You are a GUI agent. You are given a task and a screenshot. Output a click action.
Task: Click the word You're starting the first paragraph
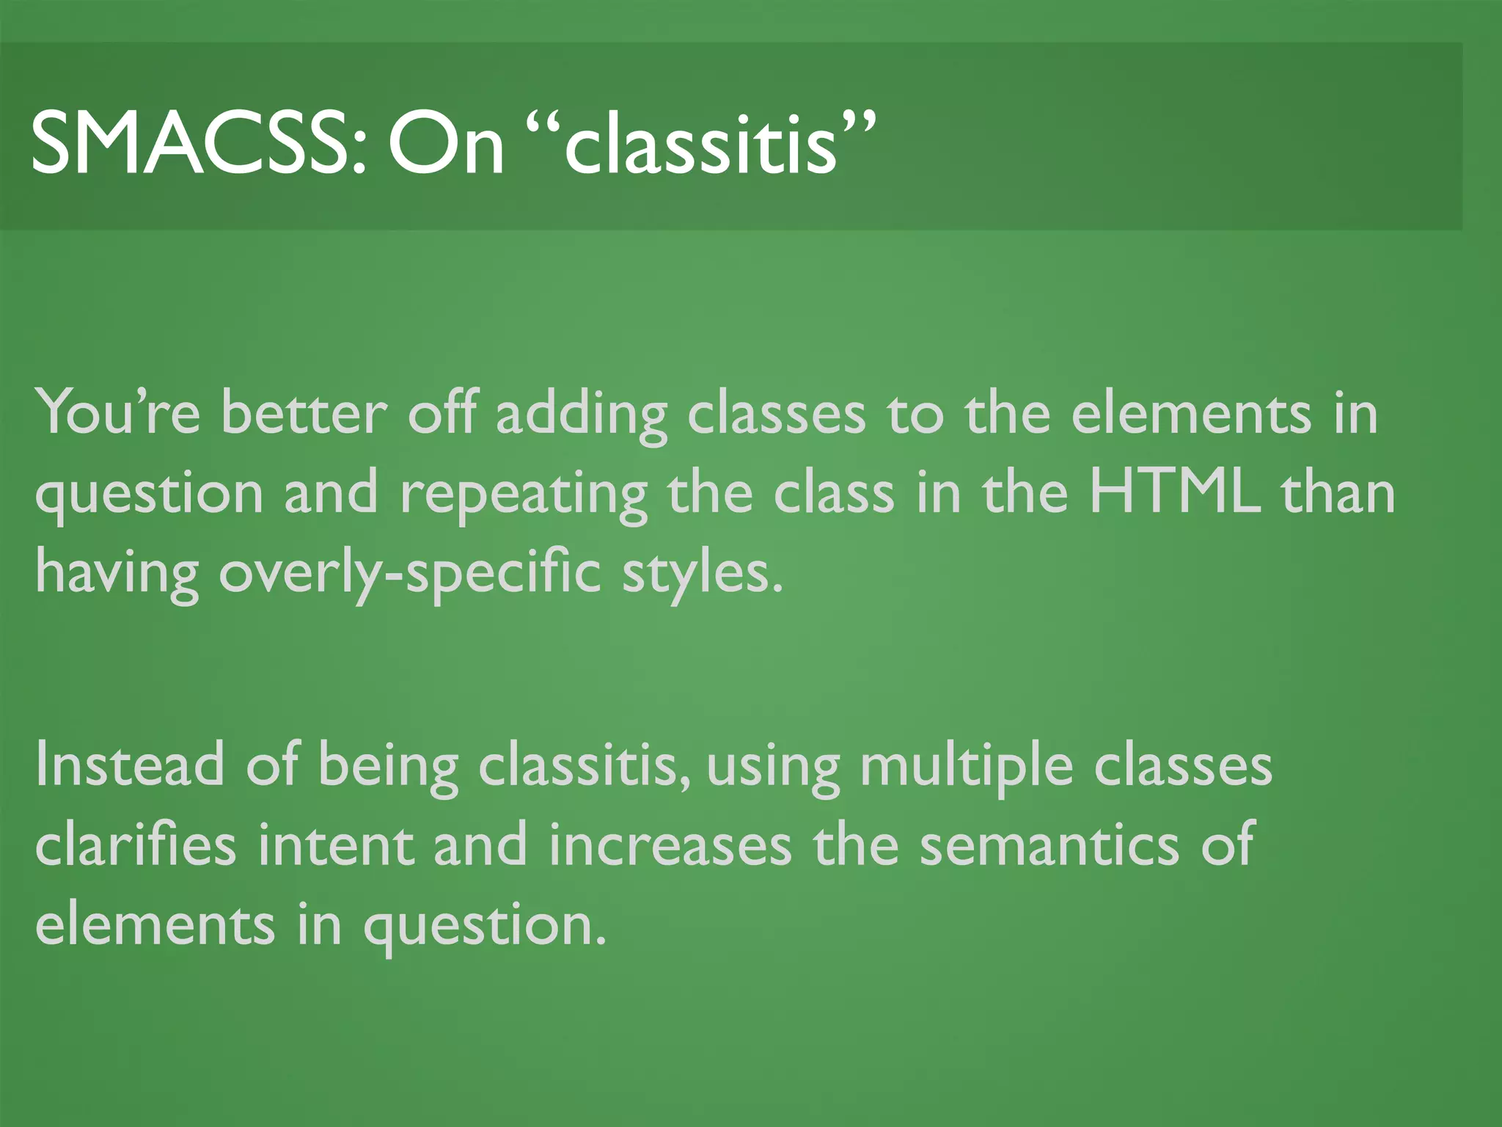[117, 412]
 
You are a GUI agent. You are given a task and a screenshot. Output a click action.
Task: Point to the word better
[303, 412]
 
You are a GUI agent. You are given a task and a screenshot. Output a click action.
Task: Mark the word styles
[703, 575]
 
